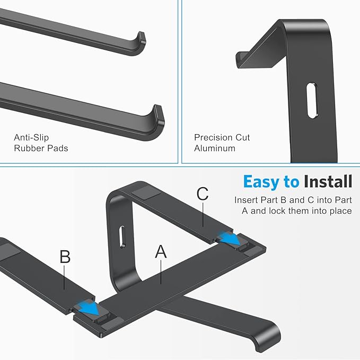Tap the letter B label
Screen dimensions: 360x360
65,257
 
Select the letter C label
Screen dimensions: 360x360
203,194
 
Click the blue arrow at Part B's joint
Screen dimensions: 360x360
87,308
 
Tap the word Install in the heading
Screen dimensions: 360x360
328,182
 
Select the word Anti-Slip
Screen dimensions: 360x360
31,138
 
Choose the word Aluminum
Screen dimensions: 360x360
214,148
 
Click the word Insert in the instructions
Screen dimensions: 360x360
246,201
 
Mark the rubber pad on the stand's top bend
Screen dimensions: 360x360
145,190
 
